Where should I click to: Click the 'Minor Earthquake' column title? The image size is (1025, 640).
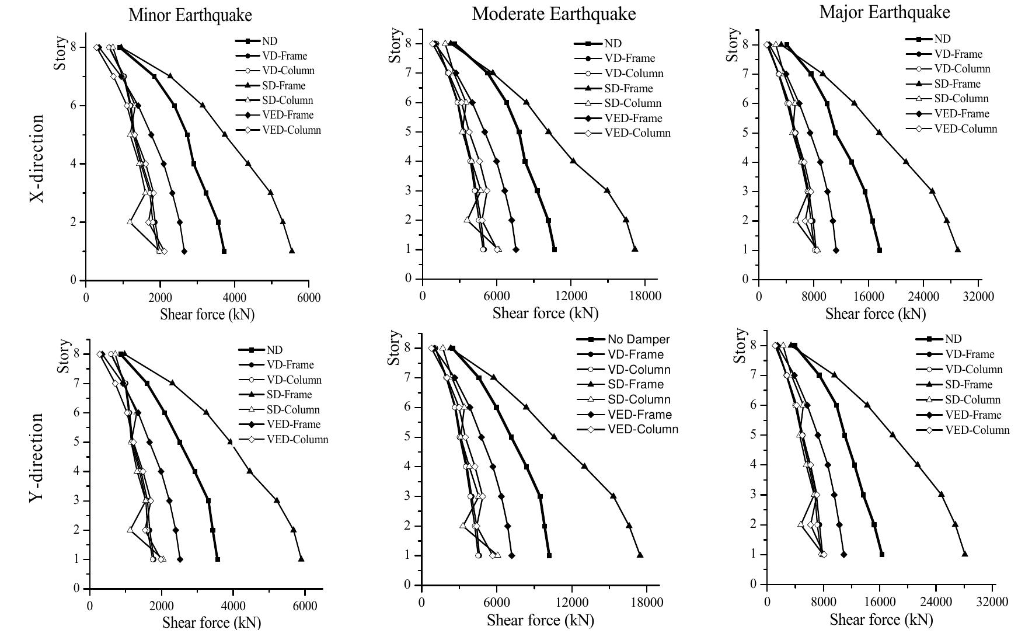pyautogui.click(x=190, y=15)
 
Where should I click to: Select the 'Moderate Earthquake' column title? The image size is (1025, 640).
pyautogui.click(x=553, y=13)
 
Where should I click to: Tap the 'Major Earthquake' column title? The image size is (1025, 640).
pyautogui.click(x=884, y=12)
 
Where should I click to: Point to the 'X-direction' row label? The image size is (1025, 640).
pyautogui.click(x=37, y=158)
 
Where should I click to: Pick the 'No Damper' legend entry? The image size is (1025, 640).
pyautogui.click(x=638, y=339)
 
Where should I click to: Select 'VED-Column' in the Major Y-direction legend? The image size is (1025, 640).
pyautogui.click(x=977, y=430)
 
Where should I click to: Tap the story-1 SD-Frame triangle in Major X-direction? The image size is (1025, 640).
pyautogui.click(x=958, y=250)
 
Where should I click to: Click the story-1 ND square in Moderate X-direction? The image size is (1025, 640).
pyautogui.click(x=554, y=249)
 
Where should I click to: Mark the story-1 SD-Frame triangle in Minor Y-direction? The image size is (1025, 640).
pyautogui.click(x=301, y=559)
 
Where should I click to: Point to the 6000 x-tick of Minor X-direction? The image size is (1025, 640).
pyautogui.click(x=308, y=298)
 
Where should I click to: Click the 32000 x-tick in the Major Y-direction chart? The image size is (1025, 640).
pyautogui.click(x=992, y=601)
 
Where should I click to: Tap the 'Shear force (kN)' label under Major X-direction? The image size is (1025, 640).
pyautogui.click(x=875, y=314)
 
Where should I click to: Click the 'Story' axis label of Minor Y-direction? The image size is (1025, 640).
pyautogui.click(x=64, y=356)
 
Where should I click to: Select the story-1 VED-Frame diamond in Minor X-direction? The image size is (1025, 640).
pyautogui.click(x=184, y=251)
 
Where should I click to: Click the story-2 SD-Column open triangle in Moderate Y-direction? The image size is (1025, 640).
pyautogui.click(x=463, y=525)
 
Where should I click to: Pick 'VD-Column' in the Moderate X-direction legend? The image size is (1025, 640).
pyautogui.click(x=633, y=74)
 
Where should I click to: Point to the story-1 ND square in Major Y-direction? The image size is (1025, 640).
pyautogui.click(x=881, y=554)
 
